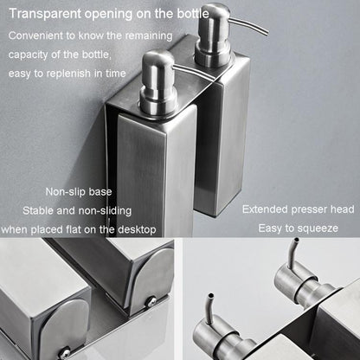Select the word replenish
click(x=68, y=74)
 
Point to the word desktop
click(x=137, y=230)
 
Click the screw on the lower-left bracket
click(x=64, y=352)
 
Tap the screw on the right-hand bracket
click(x=151, y=302)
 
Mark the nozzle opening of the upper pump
click(x=296, y=240)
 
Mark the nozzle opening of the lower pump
click(x=211, y=296)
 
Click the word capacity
click(x=28, y=55)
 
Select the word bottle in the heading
click(x=193, y=14)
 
